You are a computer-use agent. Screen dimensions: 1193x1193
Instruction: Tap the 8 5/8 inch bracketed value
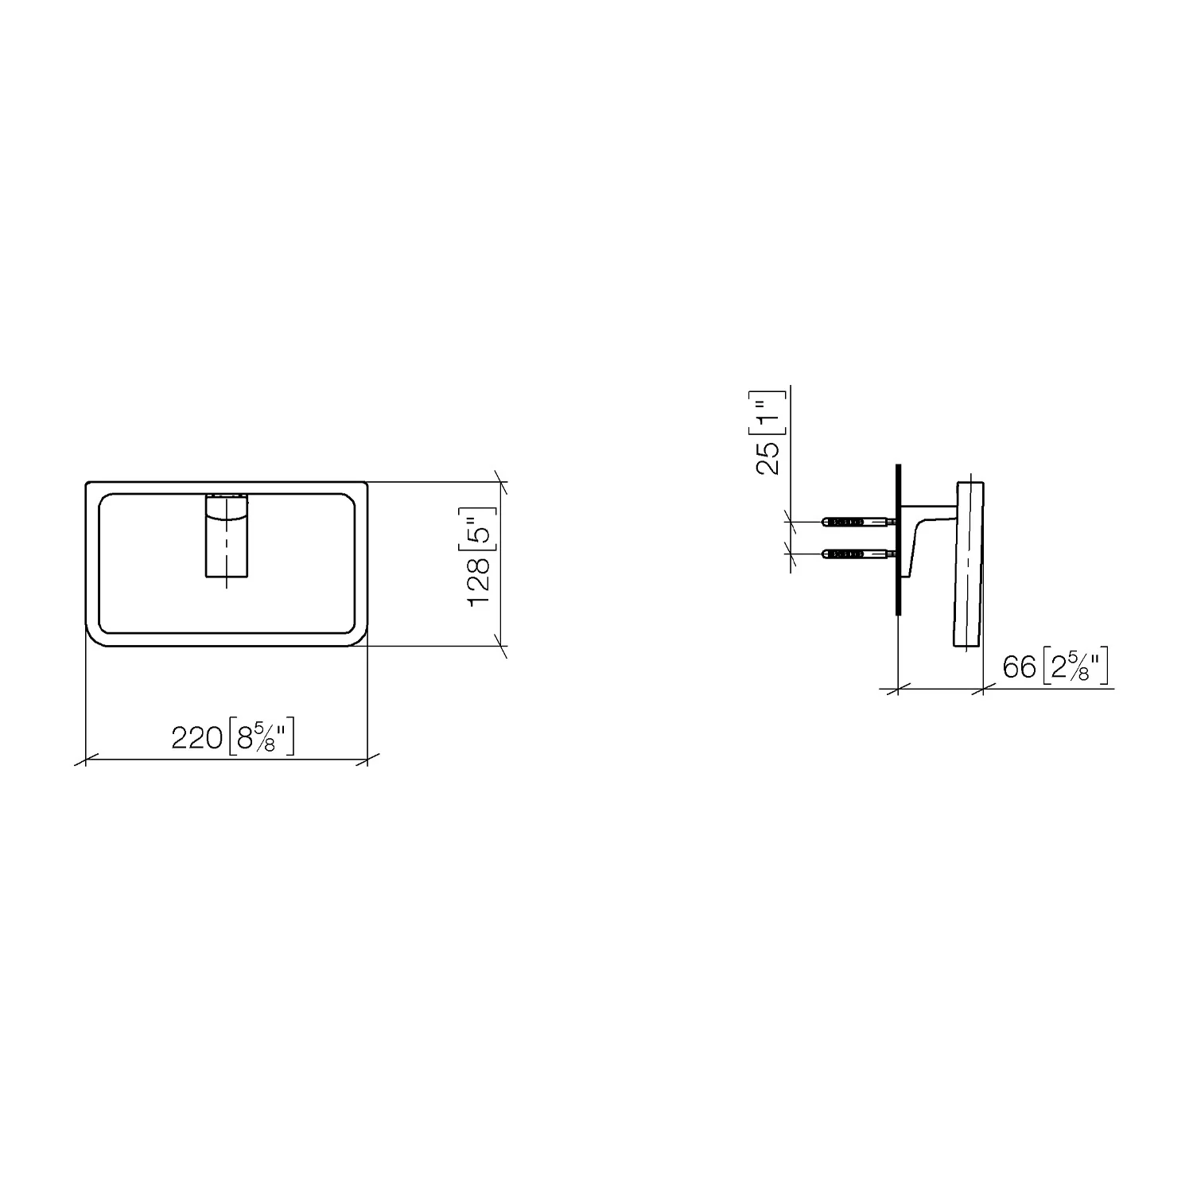click(x=261, y=738)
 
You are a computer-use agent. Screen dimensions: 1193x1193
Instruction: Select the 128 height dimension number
click(x=480, y=581)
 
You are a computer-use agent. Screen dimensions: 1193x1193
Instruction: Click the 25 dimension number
click(x=768, y=459)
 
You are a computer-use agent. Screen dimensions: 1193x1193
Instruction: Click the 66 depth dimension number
click(x=1019, y=666)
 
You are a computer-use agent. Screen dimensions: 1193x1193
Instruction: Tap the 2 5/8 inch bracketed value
click(x=1074, y=666)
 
